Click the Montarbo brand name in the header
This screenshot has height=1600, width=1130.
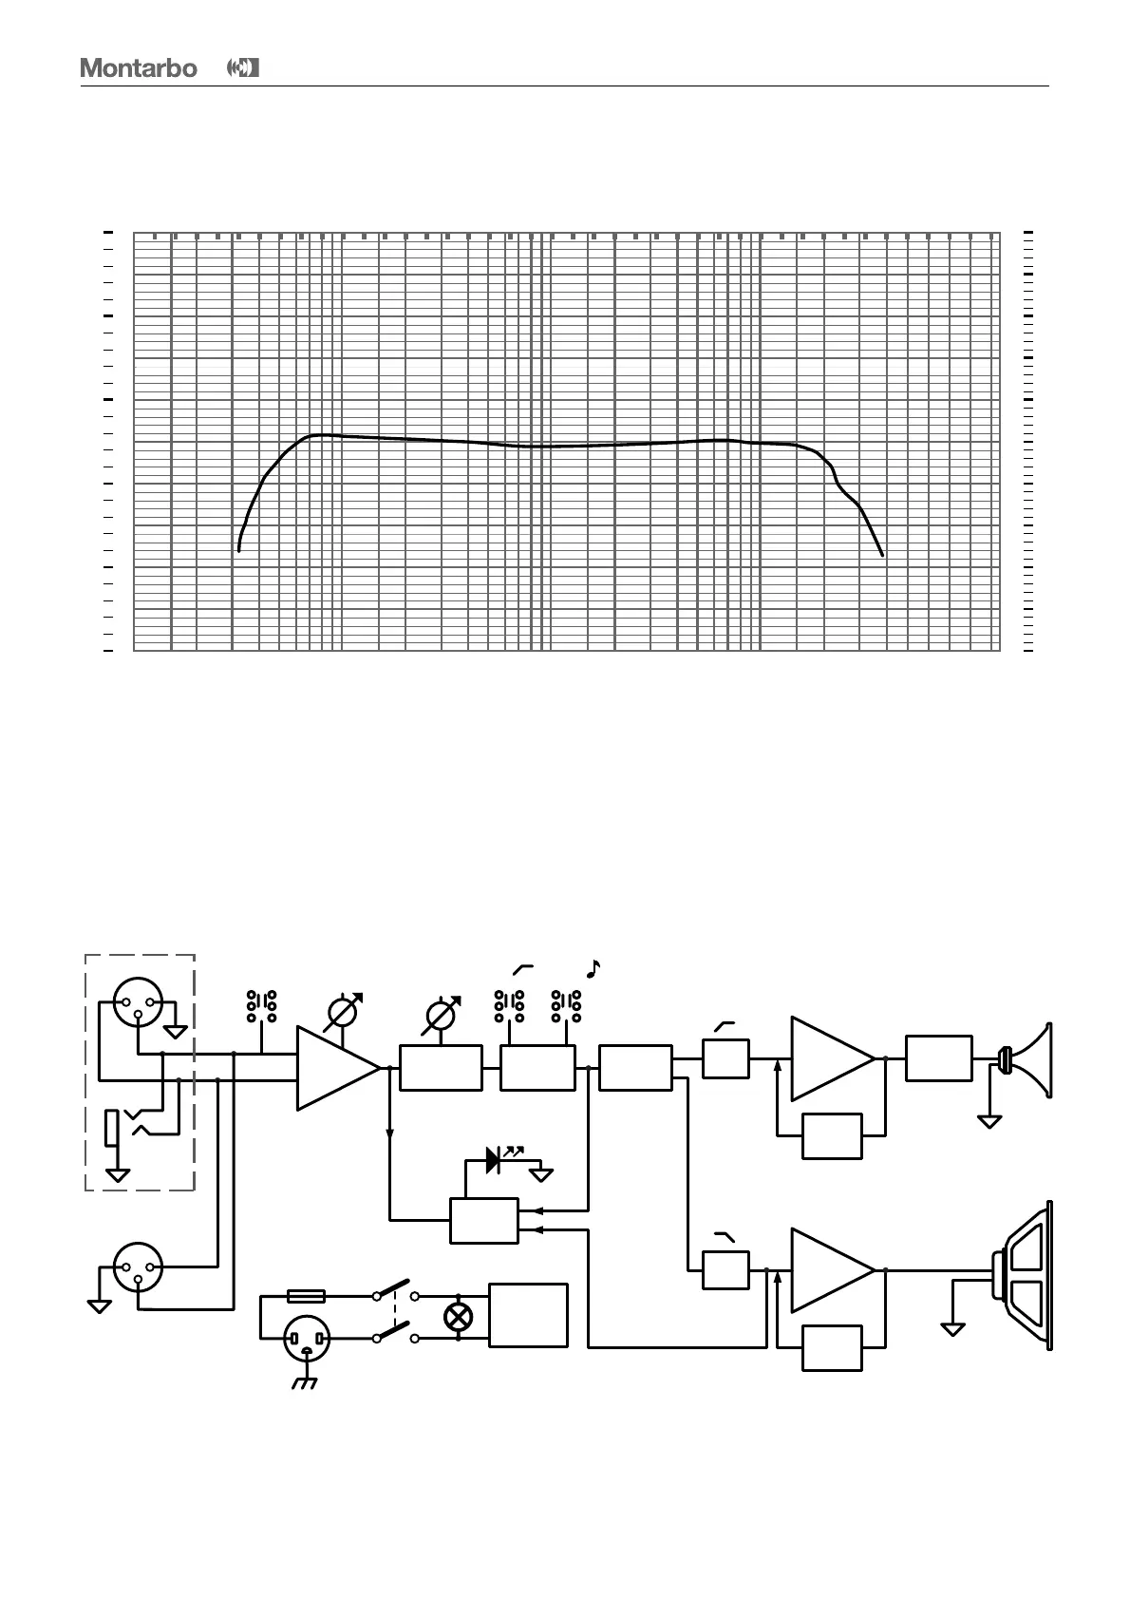[x=139, y=68]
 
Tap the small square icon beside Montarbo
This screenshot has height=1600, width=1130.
[x=244, y=68]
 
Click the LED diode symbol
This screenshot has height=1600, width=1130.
[x=494, y=1159]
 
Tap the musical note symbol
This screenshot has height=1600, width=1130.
[x=593, y=969]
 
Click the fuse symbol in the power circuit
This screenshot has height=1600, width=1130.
[x=306, y=1295]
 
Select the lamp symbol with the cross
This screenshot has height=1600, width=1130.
[x=459, y=1316]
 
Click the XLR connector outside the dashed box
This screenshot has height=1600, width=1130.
[x=138, y=1267]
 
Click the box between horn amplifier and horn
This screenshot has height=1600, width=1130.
[x=939, y=1058]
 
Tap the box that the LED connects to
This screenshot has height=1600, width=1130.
[x=484, y=1221]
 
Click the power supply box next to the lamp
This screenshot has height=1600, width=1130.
[x=528, y=1315]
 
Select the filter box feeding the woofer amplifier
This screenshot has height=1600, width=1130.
[x=725, y=1270]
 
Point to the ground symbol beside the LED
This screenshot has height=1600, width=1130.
[x=542, y=1174]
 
